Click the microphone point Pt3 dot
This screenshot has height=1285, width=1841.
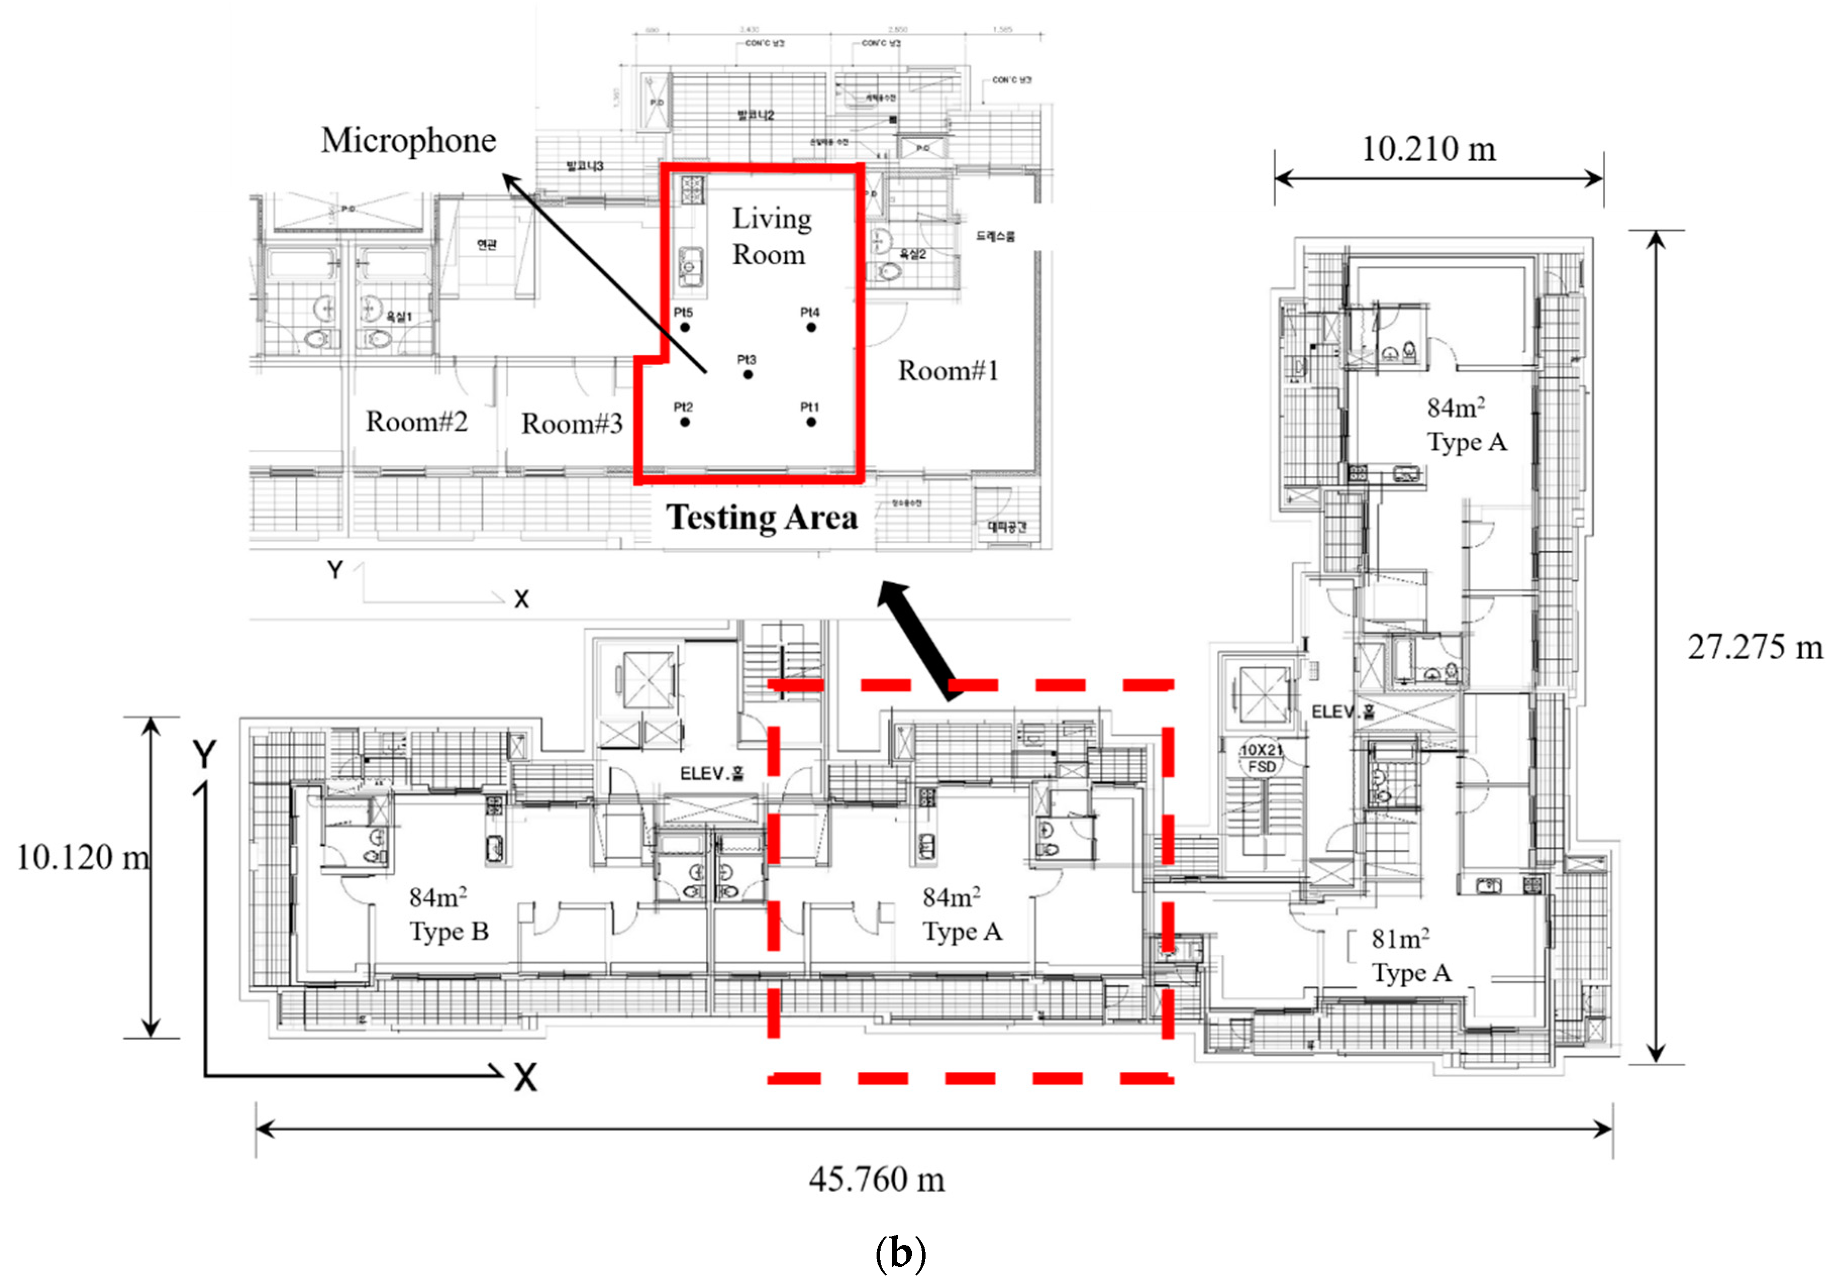tap(748, 374)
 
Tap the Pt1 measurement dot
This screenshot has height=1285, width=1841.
tap(811, 422)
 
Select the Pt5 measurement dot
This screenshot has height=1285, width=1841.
tap(685, 327)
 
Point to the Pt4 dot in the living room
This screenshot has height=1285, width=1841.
tap(811, 327)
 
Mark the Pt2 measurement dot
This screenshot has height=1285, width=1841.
tap(685, 422)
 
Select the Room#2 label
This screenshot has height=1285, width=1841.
tap(416, 422)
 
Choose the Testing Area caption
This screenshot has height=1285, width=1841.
tap(762, 517)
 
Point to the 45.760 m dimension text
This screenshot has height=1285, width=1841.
tap(877, 1179)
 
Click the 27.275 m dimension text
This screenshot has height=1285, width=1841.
tap(1754, 647)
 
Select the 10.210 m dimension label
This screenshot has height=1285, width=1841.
tap(1429, 149)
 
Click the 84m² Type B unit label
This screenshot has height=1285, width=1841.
tap(447, 914)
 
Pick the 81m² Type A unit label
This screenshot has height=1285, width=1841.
tap(1410, 955)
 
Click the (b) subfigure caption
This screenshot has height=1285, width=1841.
tap(900, 1252)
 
